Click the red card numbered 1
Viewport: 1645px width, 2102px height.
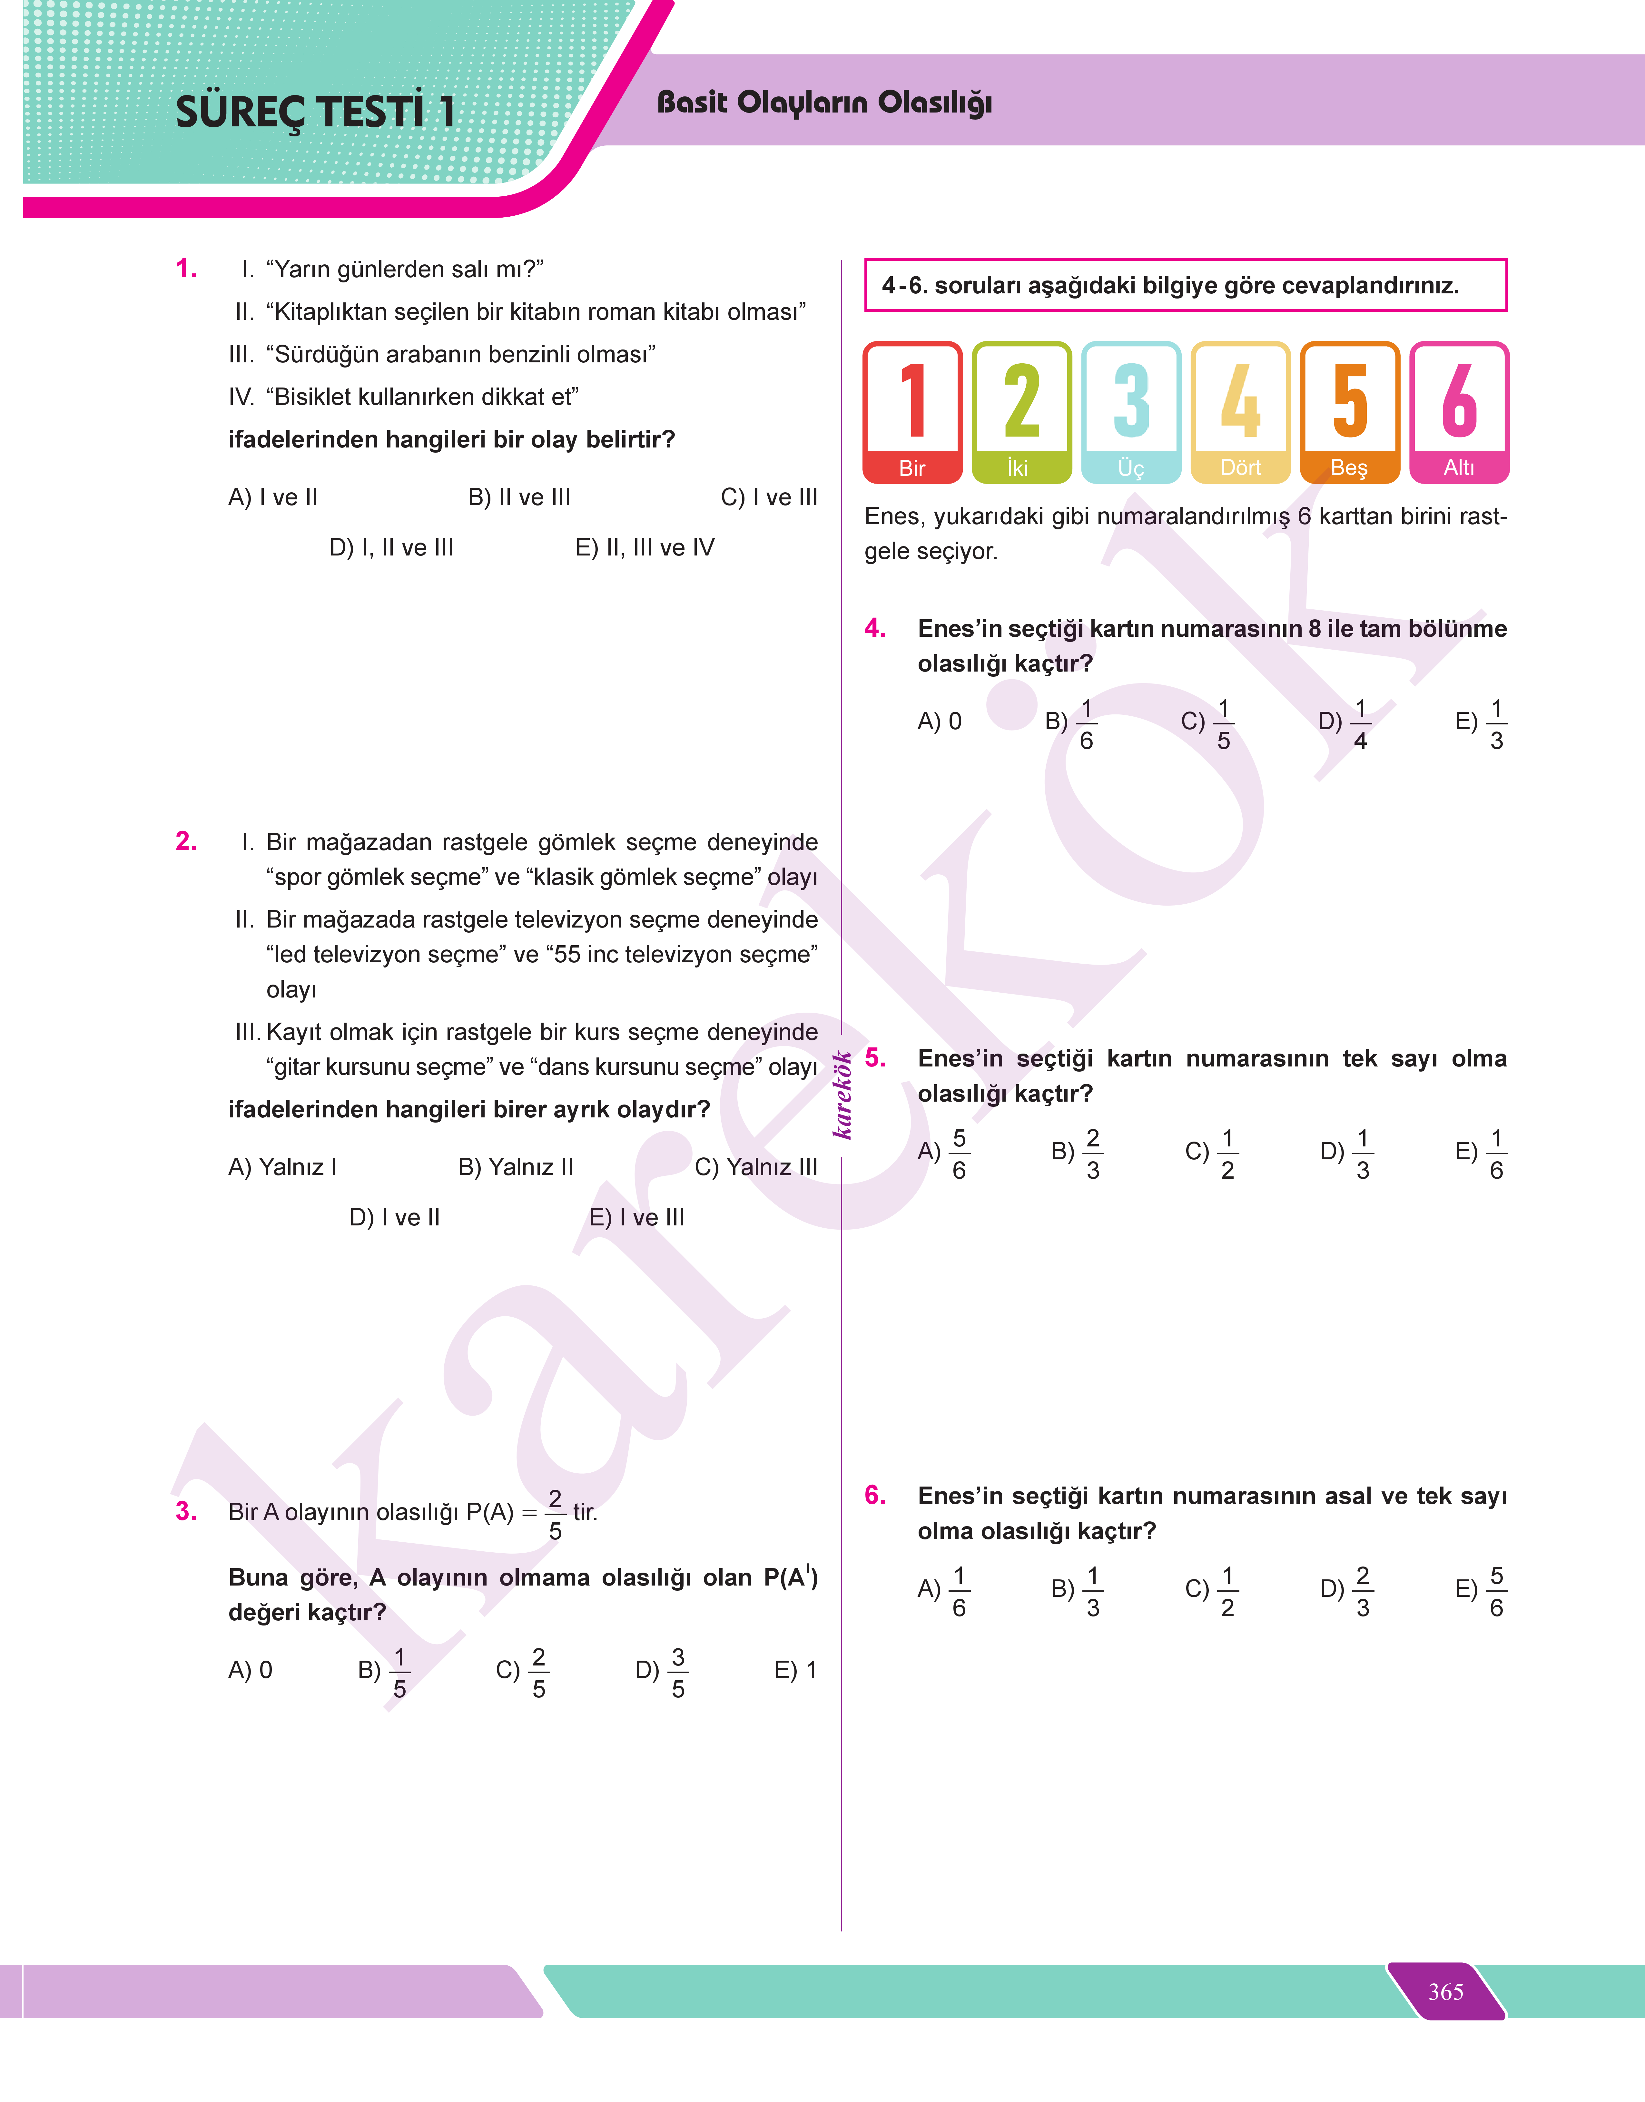click(x=912, y=412)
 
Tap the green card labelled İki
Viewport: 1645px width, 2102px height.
click(x=1021, y=412)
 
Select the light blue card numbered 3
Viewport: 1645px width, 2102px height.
click(x=1131, y=412)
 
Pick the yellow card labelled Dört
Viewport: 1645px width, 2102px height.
click(x=1239, y=412)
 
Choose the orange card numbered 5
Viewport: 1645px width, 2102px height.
click(x=1349, y=412)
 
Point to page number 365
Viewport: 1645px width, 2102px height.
click(x=1446, y=1991)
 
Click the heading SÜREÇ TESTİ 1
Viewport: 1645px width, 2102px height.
click(x=315, y=112)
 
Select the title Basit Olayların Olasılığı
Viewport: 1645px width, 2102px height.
click(x=824, y=102)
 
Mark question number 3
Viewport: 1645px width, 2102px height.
click(x=186, y=1511)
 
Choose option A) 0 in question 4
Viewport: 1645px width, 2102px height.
click(x=939, y=721)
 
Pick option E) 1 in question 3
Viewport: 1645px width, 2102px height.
click(x=795, y=1670)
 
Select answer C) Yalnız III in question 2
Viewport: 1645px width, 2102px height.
click(x=756, y=1167)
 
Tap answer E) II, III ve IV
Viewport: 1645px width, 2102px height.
click(x=645, y=548)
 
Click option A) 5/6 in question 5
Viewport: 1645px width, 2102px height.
click(x=944, y=1153)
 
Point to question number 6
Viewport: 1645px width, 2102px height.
click(x=874, y=1494)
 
